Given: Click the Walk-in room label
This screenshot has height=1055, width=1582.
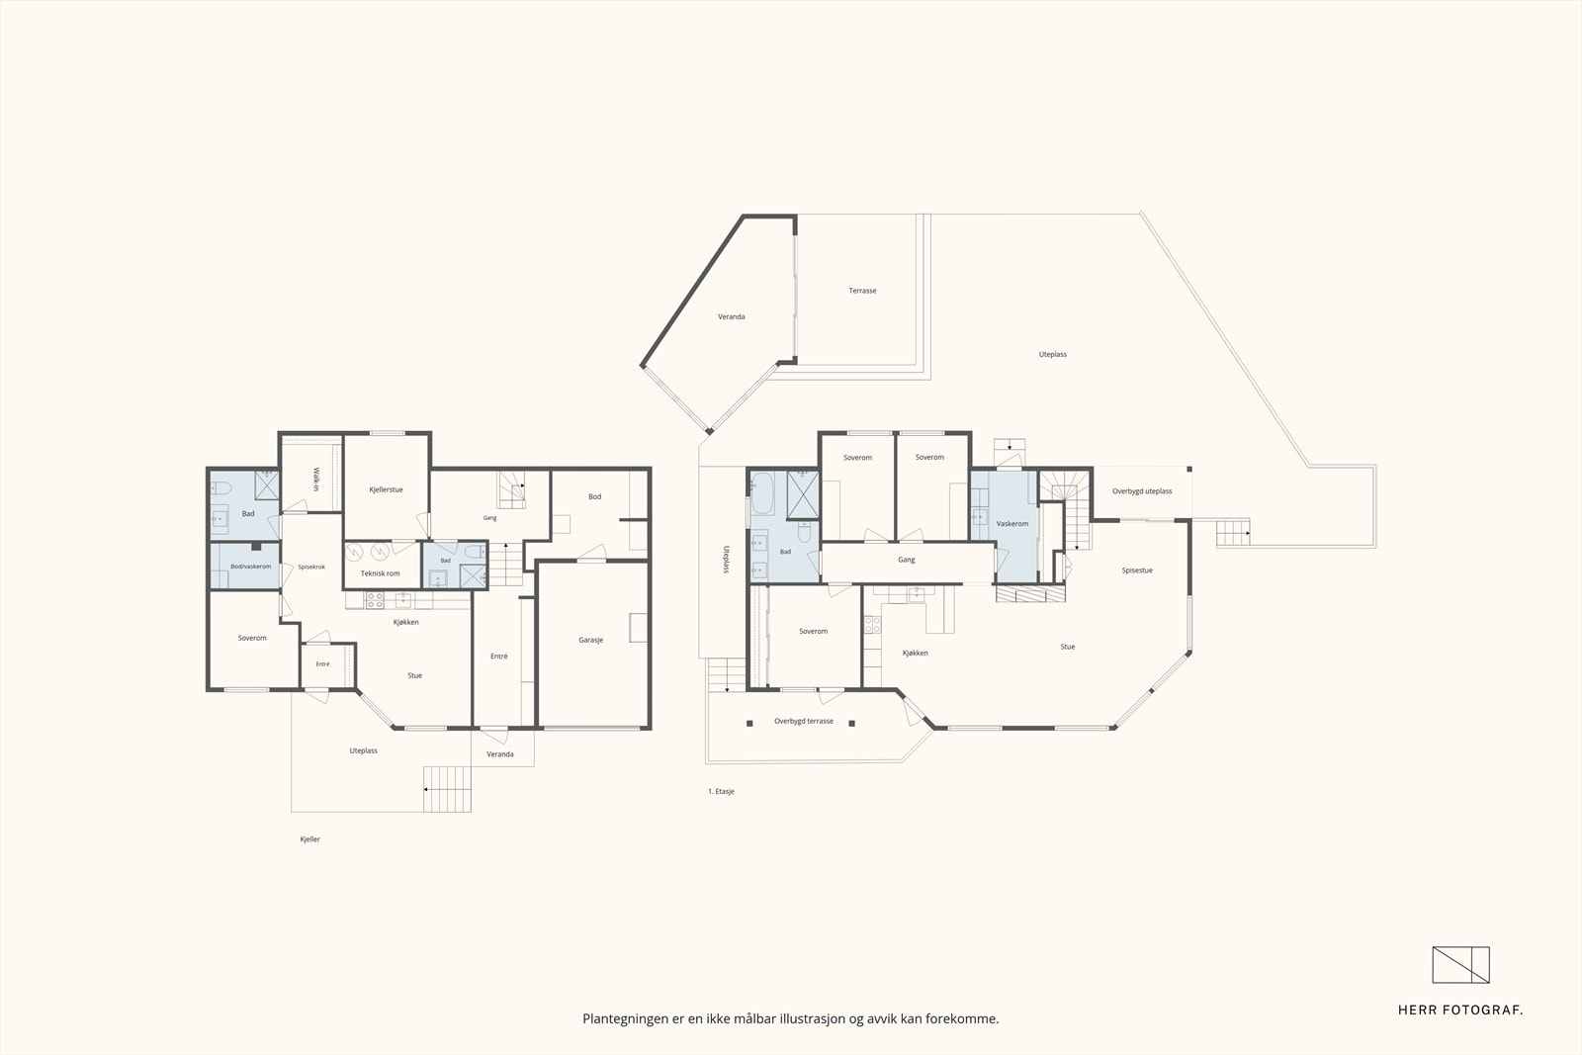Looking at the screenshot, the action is click(x=315, y=479).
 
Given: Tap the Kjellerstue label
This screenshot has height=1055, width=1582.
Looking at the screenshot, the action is click(x=386, y=489).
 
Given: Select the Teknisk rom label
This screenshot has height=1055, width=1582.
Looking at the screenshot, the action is click(x=380, y=573).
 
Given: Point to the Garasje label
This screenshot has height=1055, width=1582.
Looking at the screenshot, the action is click(x=590, y=640).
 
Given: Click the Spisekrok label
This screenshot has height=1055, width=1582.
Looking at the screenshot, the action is click(x=311, y=567).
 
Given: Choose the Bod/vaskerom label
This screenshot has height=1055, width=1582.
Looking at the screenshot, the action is click(x=251, y=567).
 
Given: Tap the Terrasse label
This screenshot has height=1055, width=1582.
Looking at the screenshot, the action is click(x=862, y=291).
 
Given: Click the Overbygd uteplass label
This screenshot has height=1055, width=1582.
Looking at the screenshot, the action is click(x=1142, y=491).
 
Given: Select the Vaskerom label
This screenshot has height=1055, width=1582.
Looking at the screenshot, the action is click(x=1012, y=524).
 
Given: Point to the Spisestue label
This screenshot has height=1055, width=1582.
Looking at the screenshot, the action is click(x=1137, y=571).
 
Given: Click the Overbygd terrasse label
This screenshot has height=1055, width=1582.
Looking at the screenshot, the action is click(x=804, y=721).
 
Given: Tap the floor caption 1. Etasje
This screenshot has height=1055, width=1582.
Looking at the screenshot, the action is click(x=721, y=792).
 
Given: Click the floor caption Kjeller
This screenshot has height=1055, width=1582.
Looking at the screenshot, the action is click(x=310, y=839).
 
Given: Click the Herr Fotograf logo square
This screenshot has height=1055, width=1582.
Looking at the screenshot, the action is click(x=1460, y=965).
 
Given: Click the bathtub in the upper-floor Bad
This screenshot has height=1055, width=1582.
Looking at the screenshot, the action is click(x=762, y=493).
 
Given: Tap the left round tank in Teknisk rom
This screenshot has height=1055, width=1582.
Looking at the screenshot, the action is click(x=354, y=551).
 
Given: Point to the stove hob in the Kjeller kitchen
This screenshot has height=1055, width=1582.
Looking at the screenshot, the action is click(x=375, y=600).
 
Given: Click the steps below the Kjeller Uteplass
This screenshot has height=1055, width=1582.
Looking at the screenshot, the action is click(x=447, y=789).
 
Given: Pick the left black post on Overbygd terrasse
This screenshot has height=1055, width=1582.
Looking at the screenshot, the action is click(x=749, y=723).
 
